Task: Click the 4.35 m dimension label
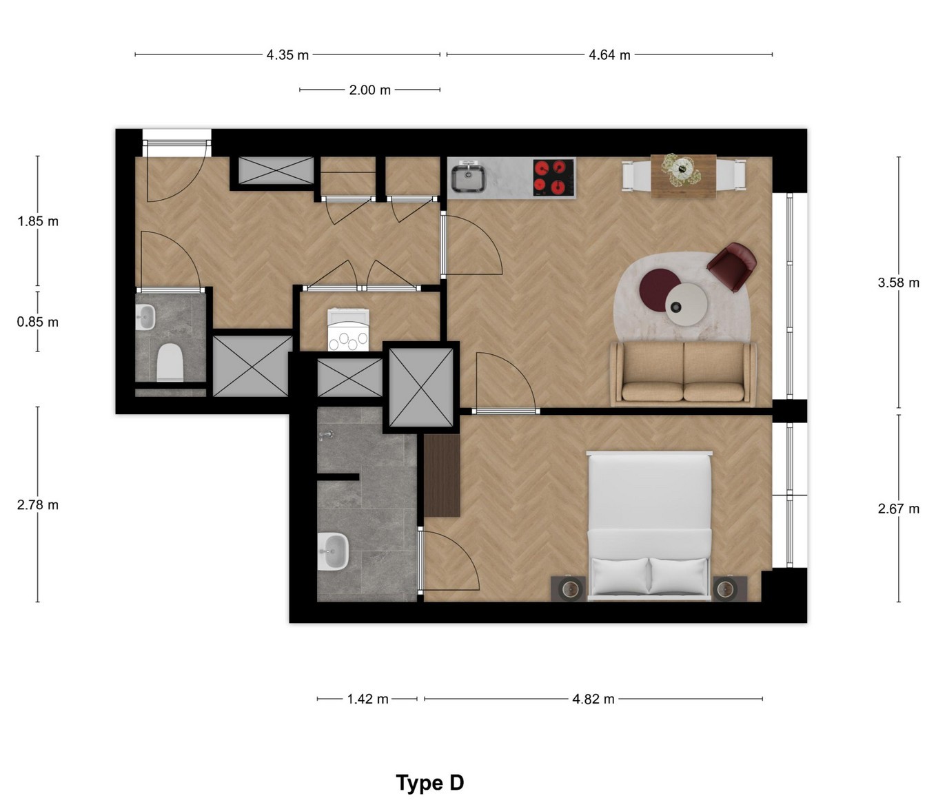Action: point(287,55)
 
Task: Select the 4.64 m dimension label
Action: point(609,55)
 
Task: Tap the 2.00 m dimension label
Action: point(369,90)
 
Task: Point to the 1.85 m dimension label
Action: point(38,221)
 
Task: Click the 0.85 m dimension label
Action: point(38,322)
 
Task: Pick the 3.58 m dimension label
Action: point(898,283)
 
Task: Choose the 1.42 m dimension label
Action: point(367,699)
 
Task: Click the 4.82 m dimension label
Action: point(593,699)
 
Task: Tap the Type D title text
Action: point(429,783)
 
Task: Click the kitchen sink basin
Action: point(468,178)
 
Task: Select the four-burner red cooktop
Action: point(554,178)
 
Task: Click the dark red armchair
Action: point(732,267)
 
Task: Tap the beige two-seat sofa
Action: point(683,374)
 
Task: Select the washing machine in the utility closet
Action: point(348,329)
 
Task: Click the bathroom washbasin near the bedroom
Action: point(333,551)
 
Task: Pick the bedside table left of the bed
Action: point(568,589)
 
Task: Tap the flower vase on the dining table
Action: point(681,170)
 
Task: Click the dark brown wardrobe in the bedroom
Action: point(442,476)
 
